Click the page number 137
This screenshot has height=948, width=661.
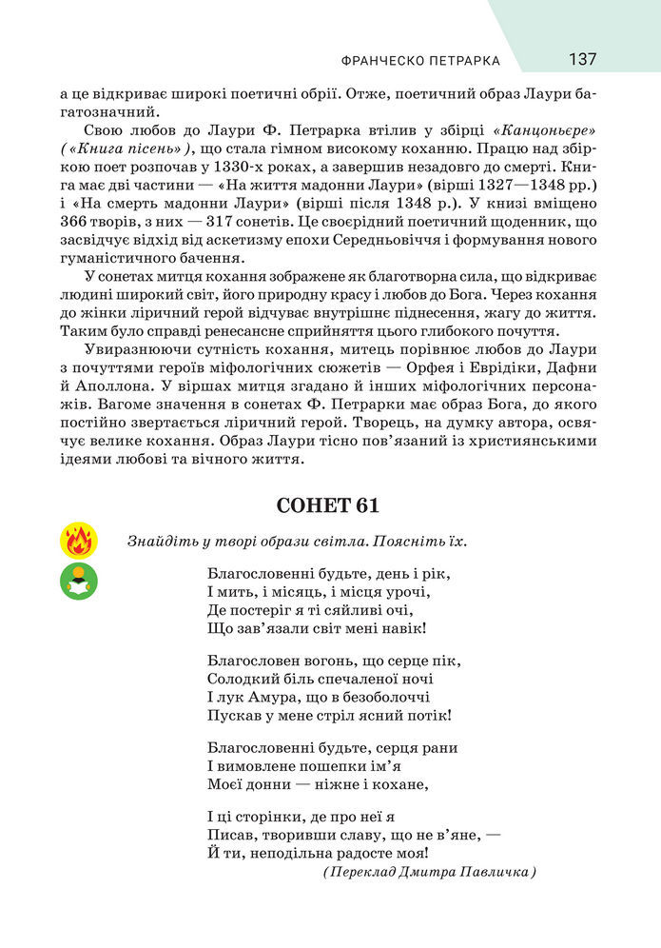583,59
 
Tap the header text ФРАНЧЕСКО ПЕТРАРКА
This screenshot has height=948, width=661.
419,61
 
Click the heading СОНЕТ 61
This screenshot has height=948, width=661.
330,505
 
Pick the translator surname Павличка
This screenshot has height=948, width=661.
481,872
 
